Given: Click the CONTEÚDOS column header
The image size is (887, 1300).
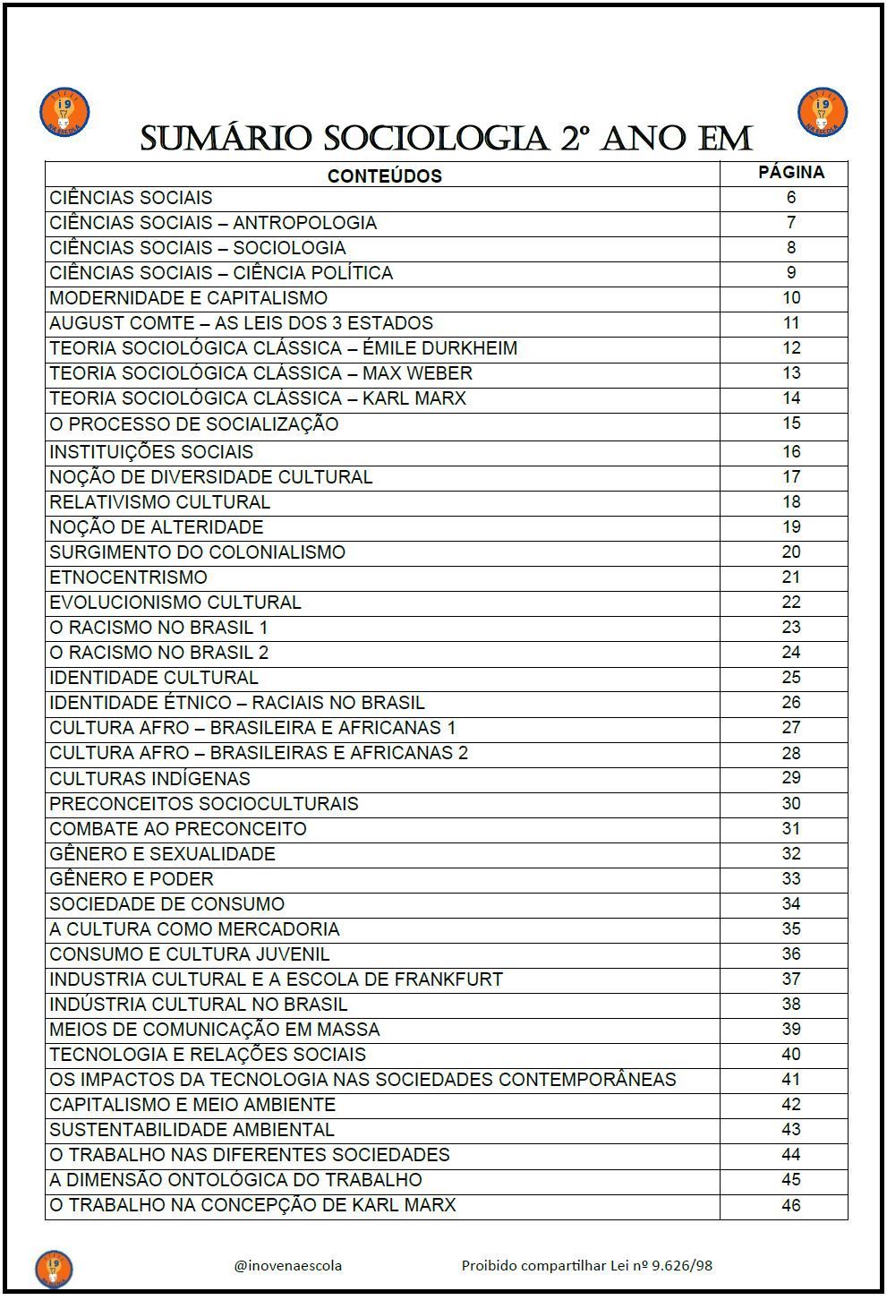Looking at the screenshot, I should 384,175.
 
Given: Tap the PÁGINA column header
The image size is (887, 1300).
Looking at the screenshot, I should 791,172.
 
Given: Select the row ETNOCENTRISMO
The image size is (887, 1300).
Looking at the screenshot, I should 128,577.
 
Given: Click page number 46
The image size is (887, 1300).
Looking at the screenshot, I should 790,1205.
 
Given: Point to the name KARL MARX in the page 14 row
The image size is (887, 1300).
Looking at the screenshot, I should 414,398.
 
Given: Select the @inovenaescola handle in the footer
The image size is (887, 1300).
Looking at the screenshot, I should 287,1265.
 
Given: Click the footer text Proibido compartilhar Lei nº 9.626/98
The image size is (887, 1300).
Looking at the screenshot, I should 586,1265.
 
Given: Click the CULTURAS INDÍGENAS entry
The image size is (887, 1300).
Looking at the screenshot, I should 149,779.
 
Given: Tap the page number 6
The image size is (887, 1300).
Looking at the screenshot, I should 790,198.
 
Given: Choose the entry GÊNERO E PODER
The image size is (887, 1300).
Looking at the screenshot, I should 132,879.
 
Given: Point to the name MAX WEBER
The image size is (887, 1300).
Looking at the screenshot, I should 417,373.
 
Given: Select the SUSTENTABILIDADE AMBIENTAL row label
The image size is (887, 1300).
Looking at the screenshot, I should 192,1130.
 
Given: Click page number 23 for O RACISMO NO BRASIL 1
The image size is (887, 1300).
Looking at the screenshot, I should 790,628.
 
